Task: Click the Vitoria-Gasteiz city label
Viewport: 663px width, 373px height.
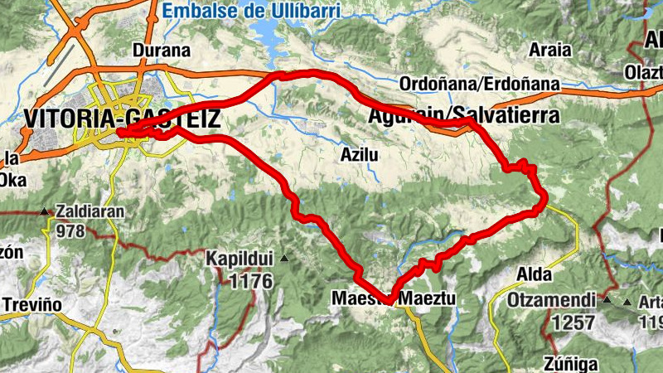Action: coord(123,119)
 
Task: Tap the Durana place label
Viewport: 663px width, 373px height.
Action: coord(162,51)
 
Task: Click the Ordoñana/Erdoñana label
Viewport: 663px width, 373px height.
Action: coord(479,85)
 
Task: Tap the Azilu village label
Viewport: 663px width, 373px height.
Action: coord(360,154)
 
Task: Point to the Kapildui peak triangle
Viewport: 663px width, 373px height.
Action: coord(284,259)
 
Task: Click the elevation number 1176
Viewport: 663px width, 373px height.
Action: coord(251,282)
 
